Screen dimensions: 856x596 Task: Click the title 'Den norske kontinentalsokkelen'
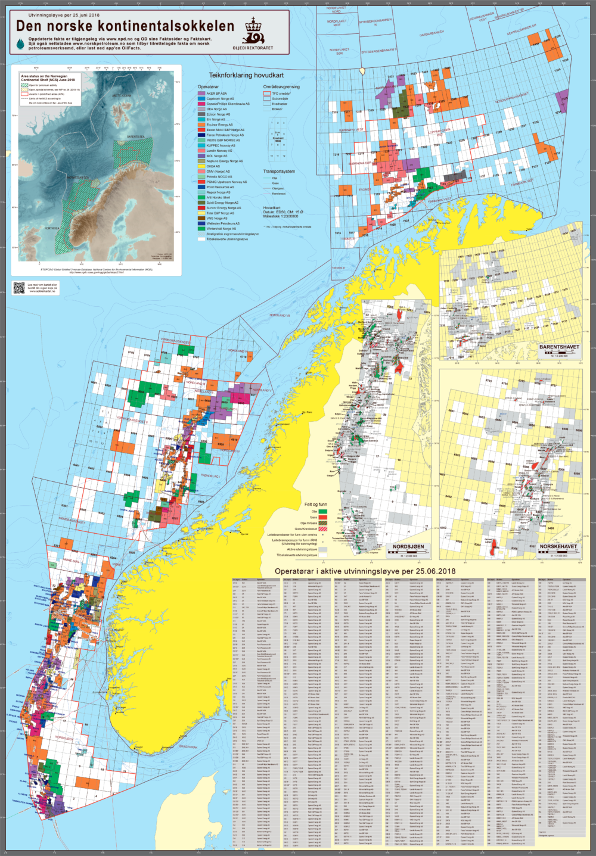pyautogui.click(x=125, y=26)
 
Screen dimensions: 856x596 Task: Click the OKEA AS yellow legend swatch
pyautogui.click(x=201, y=166)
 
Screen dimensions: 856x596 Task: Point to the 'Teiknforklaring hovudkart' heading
pyautogui.click(x=246, y=76)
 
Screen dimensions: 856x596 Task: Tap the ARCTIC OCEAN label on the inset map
pyautogui.click(x=122, y=95)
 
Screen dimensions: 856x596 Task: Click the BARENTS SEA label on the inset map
pyautogui.click(x=136, y=136)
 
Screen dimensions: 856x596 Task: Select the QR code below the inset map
pyautogui.click(x=19, y=288)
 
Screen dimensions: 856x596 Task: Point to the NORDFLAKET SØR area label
pyautogui.click(x=339, y=52)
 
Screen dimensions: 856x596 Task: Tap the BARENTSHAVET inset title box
pyautogui.click(x=558, y=347)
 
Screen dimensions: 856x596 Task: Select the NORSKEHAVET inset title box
pyautogui.click(x=558, y=547)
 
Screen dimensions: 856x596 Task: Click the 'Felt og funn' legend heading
pyautogui.click(x=315, y=505)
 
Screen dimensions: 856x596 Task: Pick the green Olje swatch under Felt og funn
pyautogui.click(x=322, y=512)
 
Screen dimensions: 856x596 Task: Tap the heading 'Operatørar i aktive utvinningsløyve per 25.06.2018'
pyautogui.click(x=365, y=571)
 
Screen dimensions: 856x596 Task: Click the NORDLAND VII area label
pyautogui.click(x=280, y=315)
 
